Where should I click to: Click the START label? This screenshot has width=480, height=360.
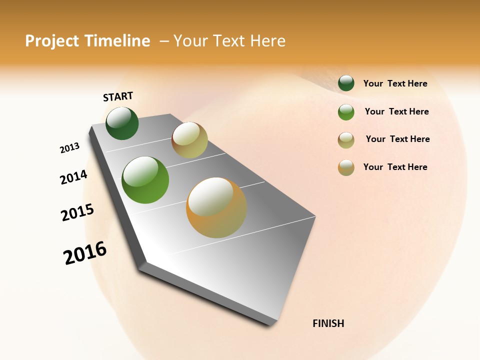pyautogui.click(x=118, y=96)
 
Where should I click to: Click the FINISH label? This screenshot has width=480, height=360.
pyautogui.click(x=328, y=323)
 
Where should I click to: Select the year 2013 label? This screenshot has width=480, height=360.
pyautogui.click(x=69, y=148)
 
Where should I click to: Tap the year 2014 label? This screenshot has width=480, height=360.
pyautogui.click(x=73, y=177)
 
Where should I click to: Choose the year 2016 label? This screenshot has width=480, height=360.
pyautogui.click(x=85, y=253)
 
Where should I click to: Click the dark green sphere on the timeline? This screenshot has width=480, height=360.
pyautogui.click(x=122, y=123)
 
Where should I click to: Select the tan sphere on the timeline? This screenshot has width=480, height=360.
pyautogui.click(x=189, y=140)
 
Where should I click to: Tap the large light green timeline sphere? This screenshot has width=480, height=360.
pyautogui.click(x=145, y=180)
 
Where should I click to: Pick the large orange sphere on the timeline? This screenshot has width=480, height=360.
pyautogui.click(x=216, y=207)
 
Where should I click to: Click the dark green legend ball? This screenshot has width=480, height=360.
pyautogui.click(x=346, y=83)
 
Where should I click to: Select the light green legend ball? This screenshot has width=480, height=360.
pyautogui.click(x=346, y=112)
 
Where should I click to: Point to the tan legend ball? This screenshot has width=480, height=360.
pyautogui.click(x=346, y=140)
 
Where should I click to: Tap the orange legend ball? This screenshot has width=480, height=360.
pyautogui.click(x=346, y=167)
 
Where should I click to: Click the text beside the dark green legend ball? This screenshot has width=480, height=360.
pyautogui.click(x=395, y=83)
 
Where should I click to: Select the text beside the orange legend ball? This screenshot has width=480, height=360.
pyautogui.click(x=395, y=167)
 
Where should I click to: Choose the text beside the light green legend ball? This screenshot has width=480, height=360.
pyautogui.click(x=396, y=111)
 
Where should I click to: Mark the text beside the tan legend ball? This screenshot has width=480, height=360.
pyautogui.click(x=397, y=139)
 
